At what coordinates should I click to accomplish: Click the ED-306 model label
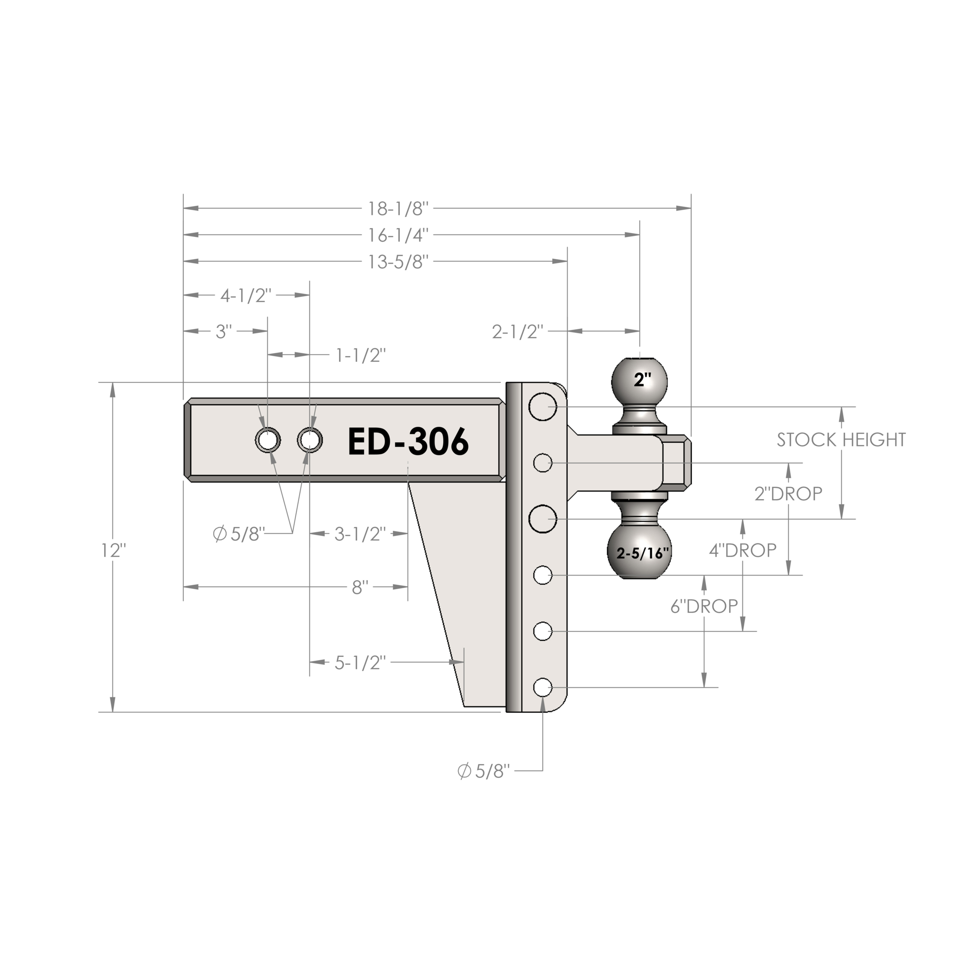[409, 442]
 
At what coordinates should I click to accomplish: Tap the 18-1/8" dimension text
[398, 209]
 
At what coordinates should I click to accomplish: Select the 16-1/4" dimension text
[398, 235]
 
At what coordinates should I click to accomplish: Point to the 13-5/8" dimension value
[398, 262]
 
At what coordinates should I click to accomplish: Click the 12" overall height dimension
[113, 550]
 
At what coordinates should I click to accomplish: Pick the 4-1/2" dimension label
[246, 296]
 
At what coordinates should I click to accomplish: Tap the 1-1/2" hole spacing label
[360, 356]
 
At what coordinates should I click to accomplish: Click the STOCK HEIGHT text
[841, 440]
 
